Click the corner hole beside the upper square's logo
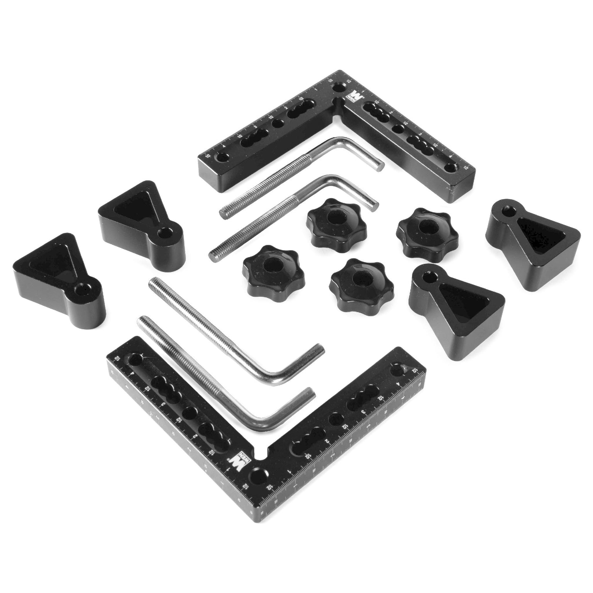[x=339, y=87]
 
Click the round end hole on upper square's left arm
[x=222, y=157]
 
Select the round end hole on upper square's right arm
[x=452, y=167]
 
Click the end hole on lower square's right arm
[x=398, y=371]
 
